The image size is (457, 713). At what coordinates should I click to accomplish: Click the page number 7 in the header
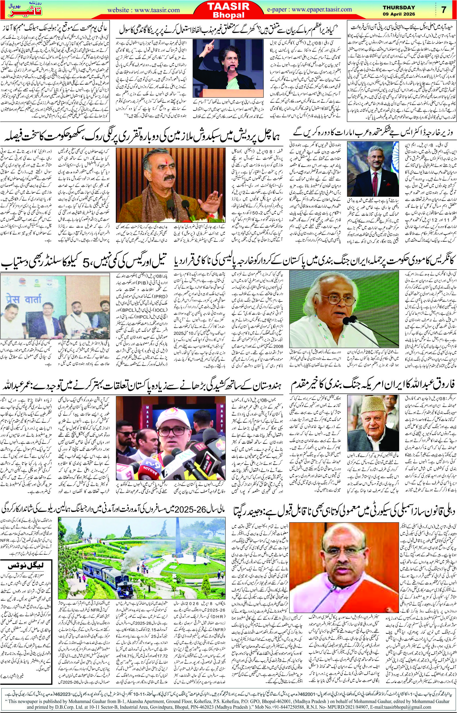coord(444,10)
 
